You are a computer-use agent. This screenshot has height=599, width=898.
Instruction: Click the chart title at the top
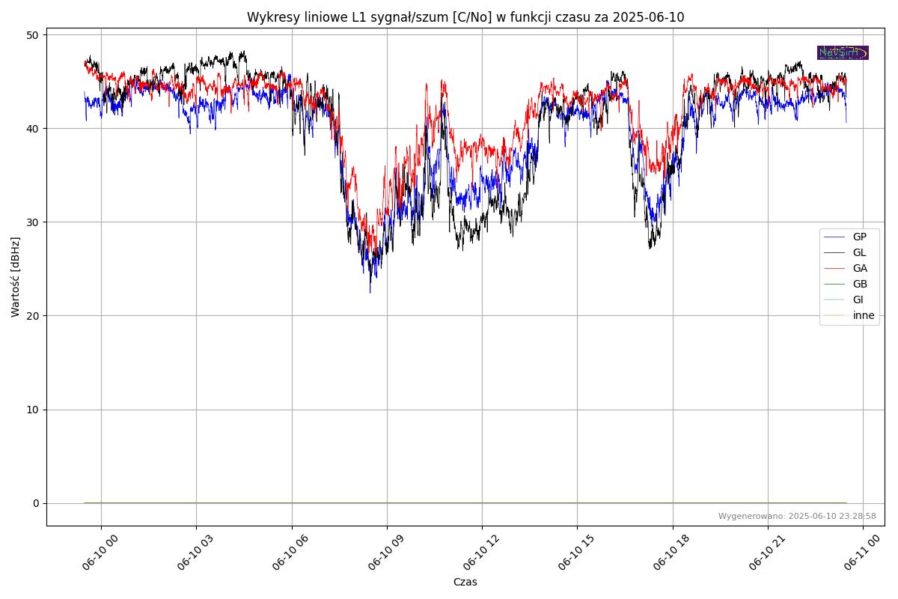point(465,17)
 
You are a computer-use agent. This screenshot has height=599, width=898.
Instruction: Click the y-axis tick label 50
point(33,35)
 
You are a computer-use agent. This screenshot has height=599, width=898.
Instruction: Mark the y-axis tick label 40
point(33,129)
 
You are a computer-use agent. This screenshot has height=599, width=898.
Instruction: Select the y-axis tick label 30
point(33,222)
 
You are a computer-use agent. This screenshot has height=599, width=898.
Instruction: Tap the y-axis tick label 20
point(33,316)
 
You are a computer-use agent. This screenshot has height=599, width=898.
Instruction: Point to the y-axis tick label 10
point(33,410)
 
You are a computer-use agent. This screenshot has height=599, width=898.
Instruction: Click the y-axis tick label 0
point(36,503)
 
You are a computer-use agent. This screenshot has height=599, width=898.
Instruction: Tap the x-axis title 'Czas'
point(465,582)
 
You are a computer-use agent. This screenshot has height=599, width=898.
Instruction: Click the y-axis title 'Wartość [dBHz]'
point(16,276)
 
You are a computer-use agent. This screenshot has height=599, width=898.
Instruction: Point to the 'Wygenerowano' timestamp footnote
point(797,517)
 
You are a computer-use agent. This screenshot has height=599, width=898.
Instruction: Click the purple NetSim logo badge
point(843,52)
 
